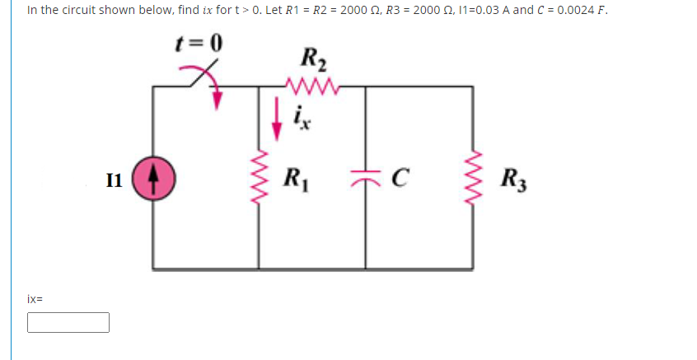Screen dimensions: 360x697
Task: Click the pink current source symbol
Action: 153,177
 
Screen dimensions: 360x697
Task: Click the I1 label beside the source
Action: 115,177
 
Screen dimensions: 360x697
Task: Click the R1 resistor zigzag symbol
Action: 259,177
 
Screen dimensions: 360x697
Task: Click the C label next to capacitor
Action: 400,177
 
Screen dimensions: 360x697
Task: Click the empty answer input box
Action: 68,322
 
